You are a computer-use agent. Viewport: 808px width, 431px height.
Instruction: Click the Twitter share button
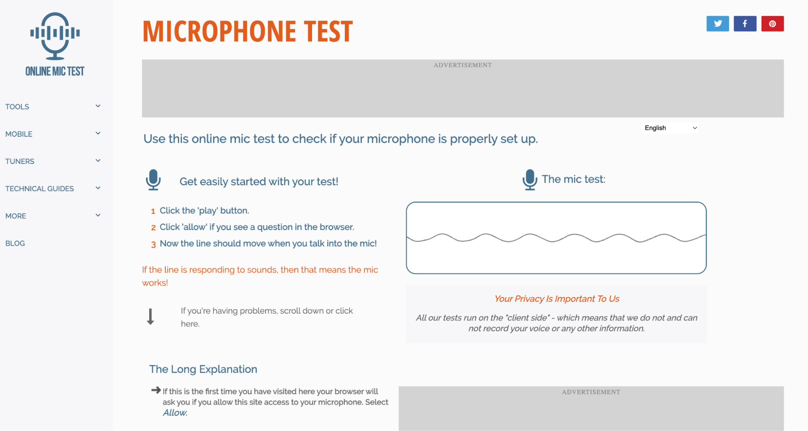pos(717,23)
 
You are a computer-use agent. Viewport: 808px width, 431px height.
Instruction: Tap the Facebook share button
pos(745,23)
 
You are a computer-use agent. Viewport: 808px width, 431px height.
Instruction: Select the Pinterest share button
pos(772,23)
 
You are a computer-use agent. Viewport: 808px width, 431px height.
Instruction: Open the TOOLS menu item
pos(17,107)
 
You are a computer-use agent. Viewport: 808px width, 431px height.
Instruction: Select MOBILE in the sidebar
pos(19,134)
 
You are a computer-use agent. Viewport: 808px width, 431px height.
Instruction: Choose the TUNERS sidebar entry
pos(20,161)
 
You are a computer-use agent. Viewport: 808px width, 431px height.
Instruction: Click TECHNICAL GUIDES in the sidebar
pos(40,189)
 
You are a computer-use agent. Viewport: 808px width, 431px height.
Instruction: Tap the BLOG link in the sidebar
pos(15,243)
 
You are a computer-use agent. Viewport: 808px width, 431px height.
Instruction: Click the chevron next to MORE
pos(98,215)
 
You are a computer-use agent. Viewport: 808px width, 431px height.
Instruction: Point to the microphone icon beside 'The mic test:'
pos(530,180)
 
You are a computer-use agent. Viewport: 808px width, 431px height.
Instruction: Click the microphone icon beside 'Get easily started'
pos(153,180)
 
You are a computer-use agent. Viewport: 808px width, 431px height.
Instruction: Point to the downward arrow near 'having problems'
pos(150,316)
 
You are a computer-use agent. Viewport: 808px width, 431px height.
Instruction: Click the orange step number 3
pos(153,244)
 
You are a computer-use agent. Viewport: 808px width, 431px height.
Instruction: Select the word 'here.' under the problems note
pos(190,324)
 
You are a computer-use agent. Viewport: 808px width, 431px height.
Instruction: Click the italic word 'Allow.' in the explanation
pos(175,413)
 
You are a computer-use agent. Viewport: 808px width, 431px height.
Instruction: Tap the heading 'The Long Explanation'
pos(203,369)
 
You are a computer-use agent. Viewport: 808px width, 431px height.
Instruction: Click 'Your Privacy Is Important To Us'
pos(557,299)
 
